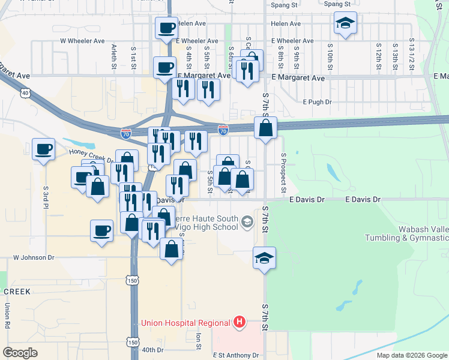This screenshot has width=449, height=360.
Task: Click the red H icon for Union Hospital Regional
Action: click(240, 323)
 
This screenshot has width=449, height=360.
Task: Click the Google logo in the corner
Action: click(20, 352)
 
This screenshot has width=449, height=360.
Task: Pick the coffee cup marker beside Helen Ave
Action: click(166, 28)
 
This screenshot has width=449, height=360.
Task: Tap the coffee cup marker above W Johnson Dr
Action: click(101, 230)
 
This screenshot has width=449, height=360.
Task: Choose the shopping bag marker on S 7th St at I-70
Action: click(265, 128)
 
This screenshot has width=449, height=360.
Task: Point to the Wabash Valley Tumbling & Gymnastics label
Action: click(406, 233)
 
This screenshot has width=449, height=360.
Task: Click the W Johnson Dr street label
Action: click(34, 257)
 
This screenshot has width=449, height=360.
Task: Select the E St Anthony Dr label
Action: click(236, 355)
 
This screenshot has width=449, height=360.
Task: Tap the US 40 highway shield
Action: click(25, 93)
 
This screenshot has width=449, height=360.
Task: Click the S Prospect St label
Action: click(283, 173)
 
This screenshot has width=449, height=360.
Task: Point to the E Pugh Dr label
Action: click(317, 102)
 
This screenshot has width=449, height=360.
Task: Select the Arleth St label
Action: click(113, 57)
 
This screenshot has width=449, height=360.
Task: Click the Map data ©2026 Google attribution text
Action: click(411, 355)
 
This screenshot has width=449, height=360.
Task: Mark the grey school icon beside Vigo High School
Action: click(246, 223)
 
